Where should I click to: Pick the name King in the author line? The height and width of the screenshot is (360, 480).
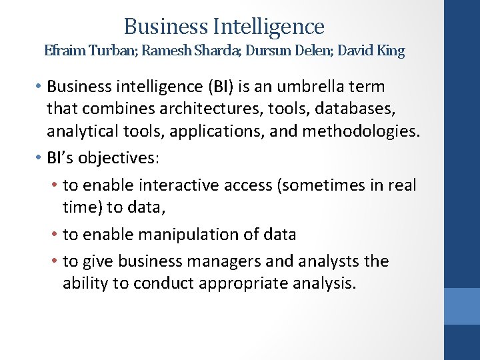(390, 51)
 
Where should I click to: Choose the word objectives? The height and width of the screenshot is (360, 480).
(123, 158)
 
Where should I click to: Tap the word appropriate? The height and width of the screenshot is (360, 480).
(234, 283)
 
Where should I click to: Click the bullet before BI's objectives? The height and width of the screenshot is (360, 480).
(40, 158)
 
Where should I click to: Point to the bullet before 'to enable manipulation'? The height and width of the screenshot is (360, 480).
(55, 235)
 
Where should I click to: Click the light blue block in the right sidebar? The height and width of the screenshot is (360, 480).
(462, 306)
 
